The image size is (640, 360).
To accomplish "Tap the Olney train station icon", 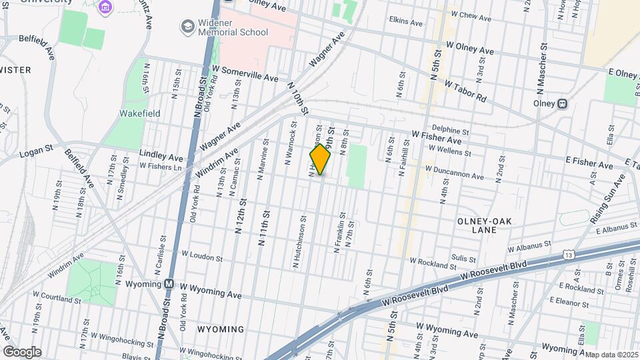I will [x=563, y=104].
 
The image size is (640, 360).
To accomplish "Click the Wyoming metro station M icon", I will [x=170, y=283].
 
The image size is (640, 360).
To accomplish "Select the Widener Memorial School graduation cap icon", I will [x=187, y=26].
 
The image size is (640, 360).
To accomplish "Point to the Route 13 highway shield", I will [x=568, y=254].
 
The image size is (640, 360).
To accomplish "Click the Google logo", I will [x=21, y=352].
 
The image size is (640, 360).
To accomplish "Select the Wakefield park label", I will [x=139, y=113].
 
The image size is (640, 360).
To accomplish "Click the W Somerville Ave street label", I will [x=245, y=73].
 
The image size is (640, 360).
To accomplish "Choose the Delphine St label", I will [x=451, y=129].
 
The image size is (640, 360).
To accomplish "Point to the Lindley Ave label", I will [x=161, y=155].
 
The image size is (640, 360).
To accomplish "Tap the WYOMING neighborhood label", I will [x=221, y=329].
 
